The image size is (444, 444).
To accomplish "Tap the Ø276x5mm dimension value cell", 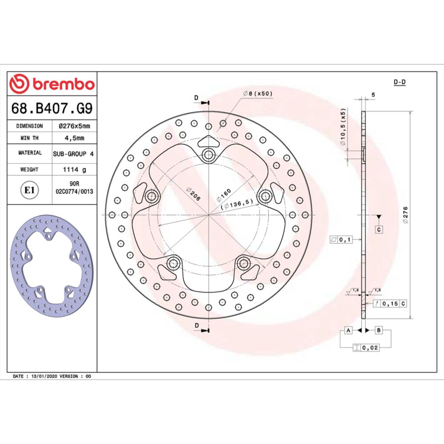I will click(x=75, y=126).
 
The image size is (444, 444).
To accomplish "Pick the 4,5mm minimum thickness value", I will click(x=75, y=138).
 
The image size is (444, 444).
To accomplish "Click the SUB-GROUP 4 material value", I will click(x=75, y=153).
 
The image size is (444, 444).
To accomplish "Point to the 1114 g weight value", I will click(x=75, y=169).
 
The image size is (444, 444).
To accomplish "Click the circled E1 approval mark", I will click(x=29, y=190).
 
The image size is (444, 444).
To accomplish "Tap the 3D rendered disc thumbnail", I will click(x=52, y=265).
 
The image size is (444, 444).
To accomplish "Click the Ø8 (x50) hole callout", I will click(x=258, y=94).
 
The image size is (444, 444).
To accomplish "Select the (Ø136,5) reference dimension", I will click(x=238, y=204).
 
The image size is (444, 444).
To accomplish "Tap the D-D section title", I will click(x=400, y=82).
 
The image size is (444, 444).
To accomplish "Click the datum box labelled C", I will click(x=379, y=230).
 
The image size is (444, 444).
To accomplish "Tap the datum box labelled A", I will click(x=349, y=330).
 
